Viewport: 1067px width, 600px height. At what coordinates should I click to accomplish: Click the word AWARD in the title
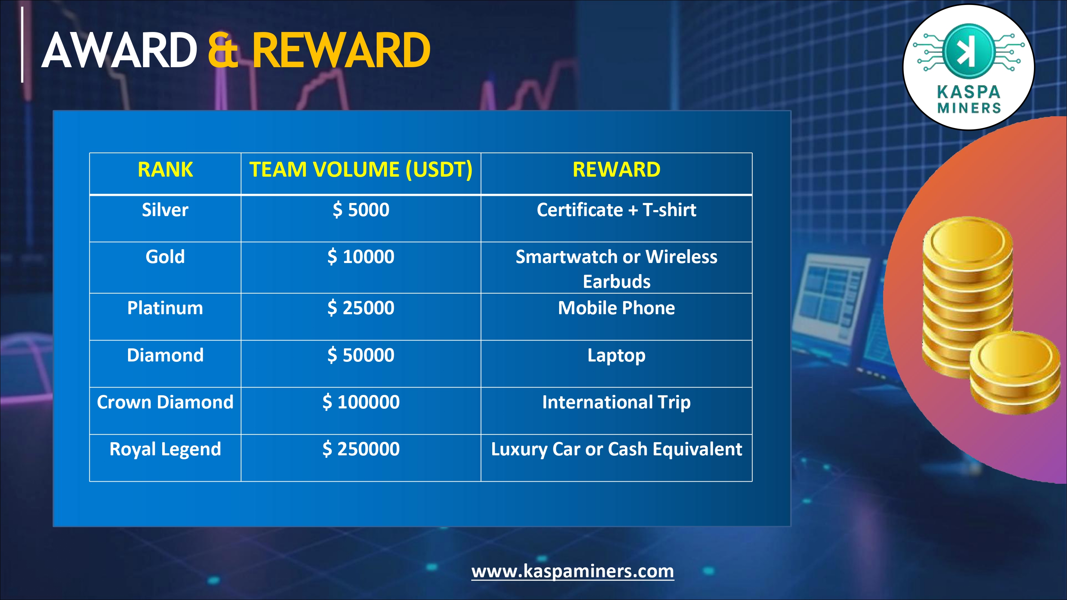[119, 50]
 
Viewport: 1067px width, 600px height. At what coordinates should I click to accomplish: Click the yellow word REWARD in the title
[341, 50]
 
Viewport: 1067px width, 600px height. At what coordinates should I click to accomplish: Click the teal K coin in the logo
[968, 51]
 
